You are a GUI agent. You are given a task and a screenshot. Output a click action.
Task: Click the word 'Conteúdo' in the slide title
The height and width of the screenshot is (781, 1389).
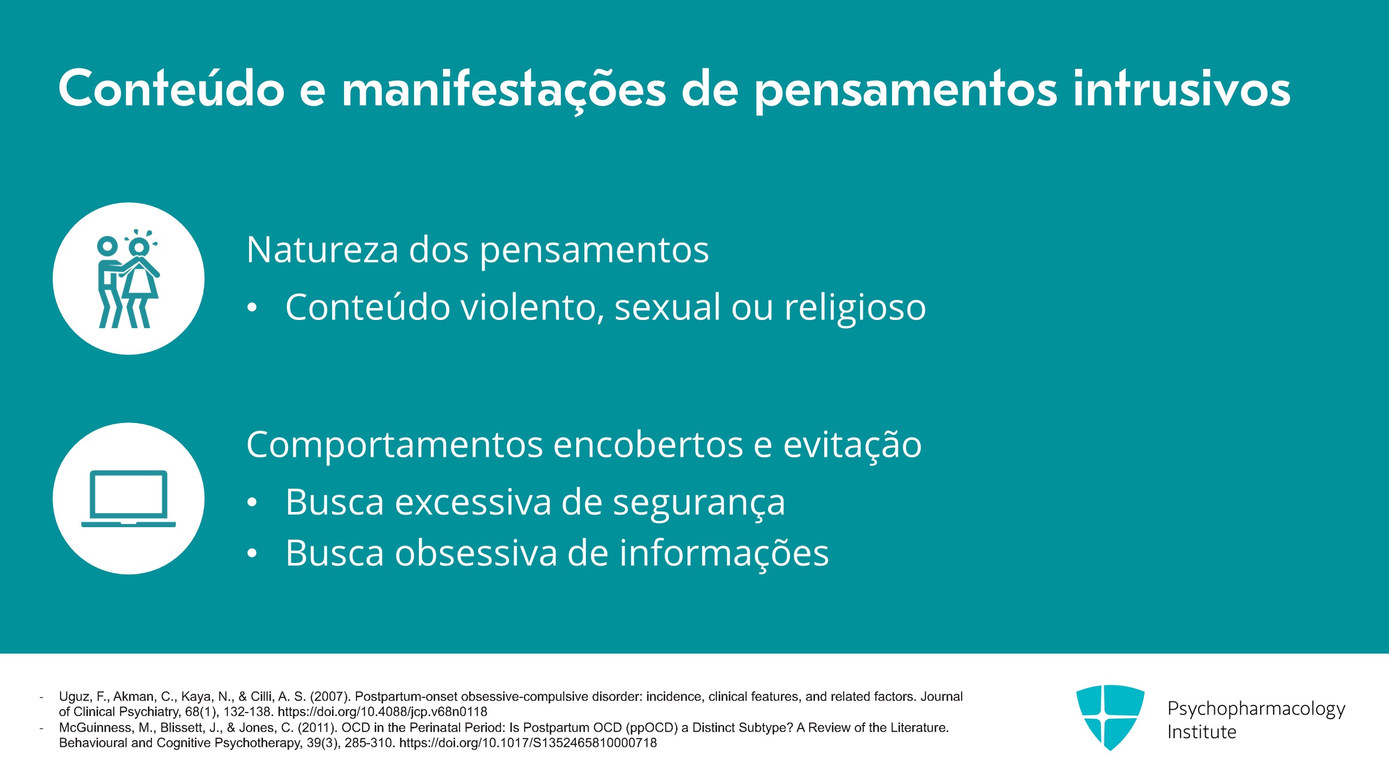[x=171, y=88]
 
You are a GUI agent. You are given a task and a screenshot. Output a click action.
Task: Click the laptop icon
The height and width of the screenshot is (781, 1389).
[x=129, y=498]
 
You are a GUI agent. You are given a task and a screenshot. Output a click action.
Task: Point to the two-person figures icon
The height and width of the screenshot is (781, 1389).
[x=129, y=279]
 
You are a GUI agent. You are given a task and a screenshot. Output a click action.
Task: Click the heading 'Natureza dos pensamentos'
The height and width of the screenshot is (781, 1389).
[x=477, y=250]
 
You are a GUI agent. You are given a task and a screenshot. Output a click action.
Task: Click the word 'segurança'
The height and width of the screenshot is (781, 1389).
[x=699, y=503]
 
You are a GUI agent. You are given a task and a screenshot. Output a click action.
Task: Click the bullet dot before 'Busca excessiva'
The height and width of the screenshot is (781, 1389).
[x=252, y=503]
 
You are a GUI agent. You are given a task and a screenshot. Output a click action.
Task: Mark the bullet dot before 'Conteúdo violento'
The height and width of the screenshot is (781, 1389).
[x=252, y=308]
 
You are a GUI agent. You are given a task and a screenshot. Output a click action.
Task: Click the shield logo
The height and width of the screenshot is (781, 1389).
[x=1110, y=717]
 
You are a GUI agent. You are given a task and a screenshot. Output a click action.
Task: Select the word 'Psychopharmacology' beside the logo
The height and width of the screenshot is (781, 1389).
[x=1256, y=709]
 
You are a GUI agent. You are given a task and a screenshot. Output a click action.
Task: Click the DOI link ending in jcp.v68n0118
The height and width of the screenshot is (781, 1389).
[x=383, y=712]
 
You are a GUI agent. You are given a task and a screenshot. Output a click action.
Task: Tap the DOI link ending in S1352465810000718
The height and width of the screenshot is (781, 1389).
[x=528, y=742]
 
